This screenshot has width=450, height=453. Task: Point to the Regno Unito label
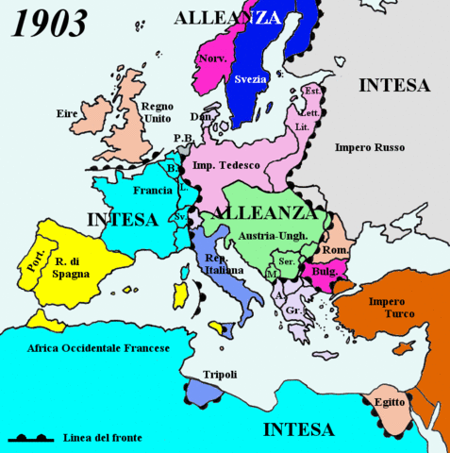tap(157, 113)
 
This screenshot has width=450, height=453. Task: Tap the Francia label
tap(153, 190)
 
